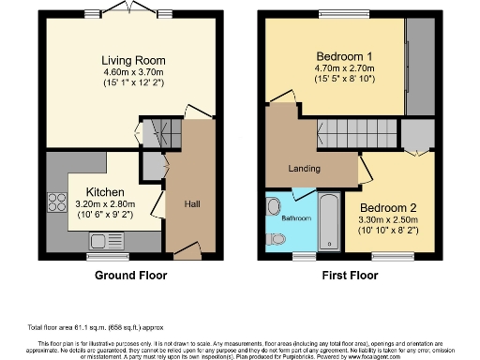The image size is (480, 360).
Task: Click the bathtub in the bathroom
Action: (328, 222)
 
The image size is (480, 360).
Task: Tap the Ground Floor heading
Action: (130, 276)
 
